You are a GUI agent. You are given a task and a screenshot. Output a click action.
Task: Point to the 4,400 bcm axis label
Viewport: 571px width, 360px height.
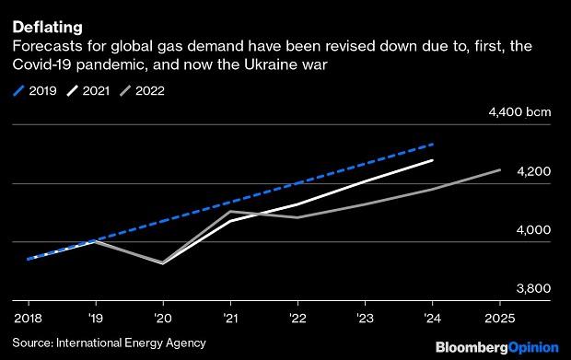click(522, 112)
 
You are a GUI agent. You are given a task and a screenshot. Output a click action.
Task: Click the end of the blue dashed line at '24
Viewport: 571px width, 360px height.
click(433, 144)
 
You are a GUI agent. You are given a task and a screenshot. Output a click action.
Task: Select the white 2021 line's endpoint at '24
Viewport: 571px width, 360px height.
click(433, 160)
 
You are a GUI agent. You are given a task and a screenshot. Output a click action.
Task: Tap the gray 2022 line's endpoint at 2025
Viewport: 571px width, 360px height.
click(500, 169)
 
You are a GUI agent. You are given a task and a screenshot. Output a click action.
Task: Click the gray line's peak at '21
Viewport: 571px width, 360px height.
click(230, 211)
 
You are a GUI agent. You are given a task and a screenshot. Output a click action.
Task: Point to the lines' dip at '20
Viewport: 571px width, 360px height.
click(163, 263)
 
